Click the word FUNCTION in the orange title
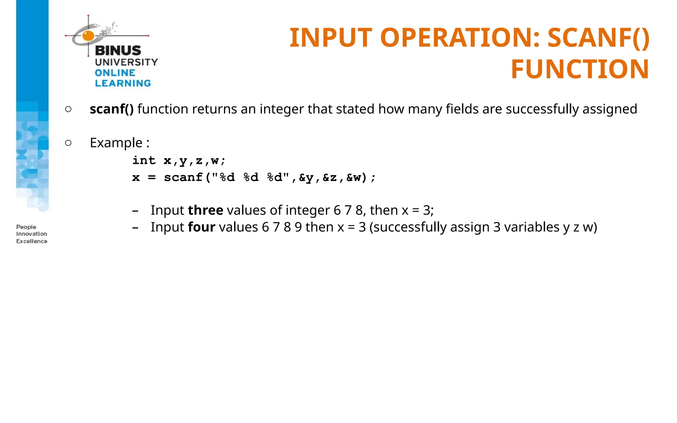pyautogui.click(x=580, y=69)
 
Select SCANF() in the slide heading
pyautogui.click(x=598, y=38)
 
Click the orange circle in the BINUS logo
pyautogui.click(x=88, y=35)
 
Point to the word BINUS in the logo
pyautogui.click(x=118, y=51)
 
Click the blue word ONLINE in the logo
pyautogui.click(x=115, y=73)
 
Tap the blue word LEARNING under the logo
pyautogui.click(x=123, y=83)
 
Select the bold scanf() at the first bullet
pyautogui.click(x=112, y=109)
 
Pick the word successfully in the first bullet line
pyautogui.click(x=542, y=109)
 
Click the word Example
pyautogui.click(x=116, y=143)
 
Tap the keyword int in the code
pyautogui.click(x=144, y=160)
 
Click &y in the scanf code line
pyautogui.click(x=306, y=177)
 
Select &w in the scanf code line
pyautogui.click(x=354, y=177)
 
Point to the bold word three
pyautogui.click(x=206, y=210)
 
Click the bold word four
pyautogui.click(x=202, y=227)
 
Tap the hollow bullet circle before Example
pyautogui.click(x=68, y=143)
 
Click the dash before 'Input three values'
pyautogui.click(x=135, y=211)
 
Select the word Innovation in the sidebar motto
pyautogui.click(x=32, y=234)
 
